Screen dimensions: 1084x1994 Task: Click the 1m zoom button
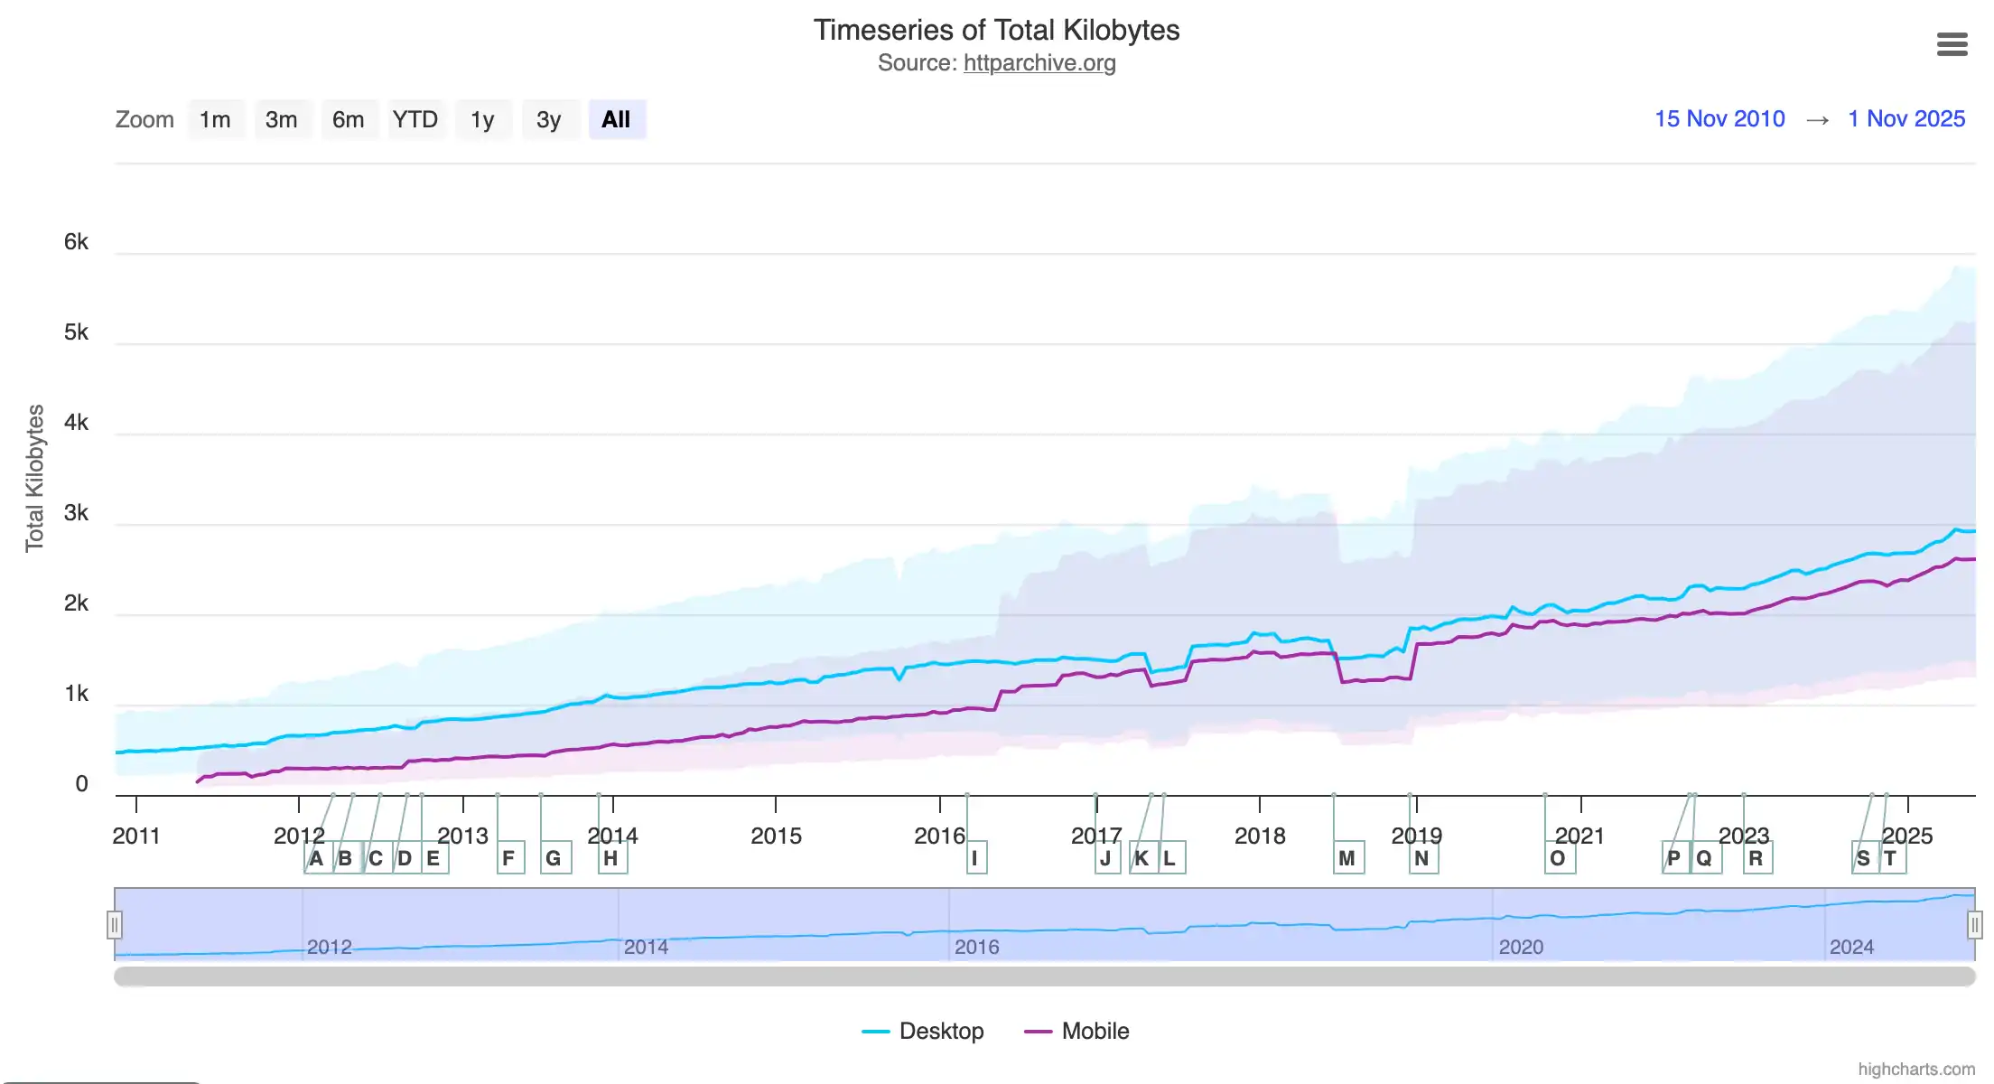[215, 119]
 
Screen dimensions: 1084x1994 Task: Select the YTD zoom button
[415, 119]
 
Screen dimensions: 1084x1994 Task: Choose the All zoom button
[616, 119]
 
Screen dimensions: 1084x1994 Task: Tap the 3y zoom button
[549, 119]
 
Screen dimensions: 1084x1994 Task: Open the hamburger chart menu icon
[1952, 44]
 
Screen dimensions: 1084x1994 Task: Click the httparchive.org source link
[1039, 63]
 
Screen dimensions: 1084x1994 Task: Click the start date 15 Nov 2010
[1719, 118]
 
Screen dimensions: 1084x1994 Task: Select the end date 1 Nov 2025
[1906, 118]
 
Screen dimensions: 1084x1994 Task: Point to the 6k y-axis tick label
[76, 242]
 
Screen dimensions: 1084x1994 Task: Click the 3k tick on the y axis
[76, 513]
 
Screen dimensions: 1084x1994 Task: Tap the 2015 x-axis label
[776, 836]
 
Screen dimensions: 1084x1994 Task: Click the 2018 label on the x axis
[1260, 836]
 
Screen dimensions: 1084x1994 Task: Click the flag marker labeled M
[1347, 858]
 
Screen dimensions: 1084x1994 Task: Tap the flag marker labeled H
[611, 858]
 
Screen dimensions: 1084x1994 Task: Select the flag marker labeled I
[975, 858]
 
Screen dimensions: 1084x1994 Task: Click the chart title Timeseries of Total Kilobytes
[996, 30]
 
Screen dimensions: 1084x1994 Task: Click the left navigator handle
[115, 925]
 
